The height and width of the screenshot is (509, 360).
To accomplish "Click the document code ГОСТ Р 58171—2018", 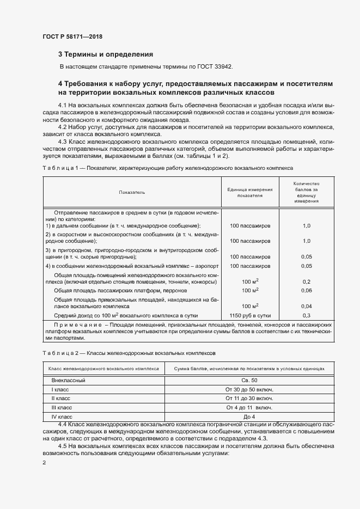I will click(72, 36).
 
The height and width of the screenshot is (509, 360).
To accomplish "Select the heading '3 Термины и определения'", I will click(105, 54).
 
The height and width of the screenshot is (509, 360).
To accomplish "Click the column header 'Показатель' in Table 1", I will click(131, 192).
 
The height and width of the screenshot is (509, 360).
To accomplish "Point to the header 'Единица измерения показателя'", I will click(249, 192).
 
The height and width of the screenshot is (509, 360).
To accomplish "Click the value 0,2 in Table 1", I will click(306, 281).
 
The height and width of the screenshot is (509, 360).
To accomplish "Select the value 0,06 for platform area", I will click(306, 291).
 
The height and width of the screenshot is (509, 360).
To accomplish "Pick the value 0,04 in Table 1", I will click(306, 306).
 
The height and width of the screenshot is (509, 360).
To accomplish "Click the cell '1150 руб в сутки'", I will click(250, 316).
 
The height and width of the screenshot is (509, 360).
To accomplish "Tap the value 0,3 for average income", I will click(306, 316).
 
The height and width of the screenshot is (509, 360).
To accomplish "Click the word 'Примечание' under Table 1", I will click(72, 325).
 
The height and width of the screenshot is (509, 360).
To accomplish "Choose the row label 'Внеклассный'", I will click(69, 381).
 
